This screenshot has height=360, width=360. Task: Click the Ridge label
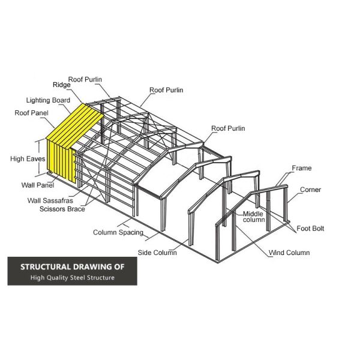pos(62,85)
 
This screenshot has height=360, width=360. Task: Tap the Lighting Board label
pos(48,100)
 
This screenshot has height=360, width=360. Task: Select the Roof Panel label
pos(31,113)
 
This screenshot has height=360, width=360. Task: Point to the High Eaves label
pos(28,159)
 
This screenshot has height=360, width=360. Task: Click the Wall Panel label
pos(38,185)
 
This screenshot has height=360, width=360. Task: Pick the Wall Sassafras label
pos(50,200)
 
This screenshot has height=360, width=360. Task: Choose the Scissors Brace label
pos(62,209)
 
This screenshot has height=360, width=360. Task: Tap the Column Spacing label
pos(118,233)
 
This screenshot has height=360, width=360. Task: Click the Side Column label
pos(157,253)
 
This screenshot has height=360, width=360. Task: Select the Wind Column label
pos(289,253)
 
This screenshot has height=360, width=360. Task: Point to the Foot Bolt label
pos(310,229)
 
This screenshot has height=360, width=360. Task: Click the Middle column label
pos(254,217)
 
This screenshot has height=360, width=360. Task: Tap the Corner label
pos(310,190)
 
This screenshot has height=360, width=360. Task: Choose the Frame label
pos(302,168)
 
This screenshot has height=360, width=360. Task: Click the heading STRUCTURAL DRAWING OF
pos(73,267)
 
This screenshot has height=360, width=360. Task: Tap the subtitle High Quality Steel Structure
pos(73,278)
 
